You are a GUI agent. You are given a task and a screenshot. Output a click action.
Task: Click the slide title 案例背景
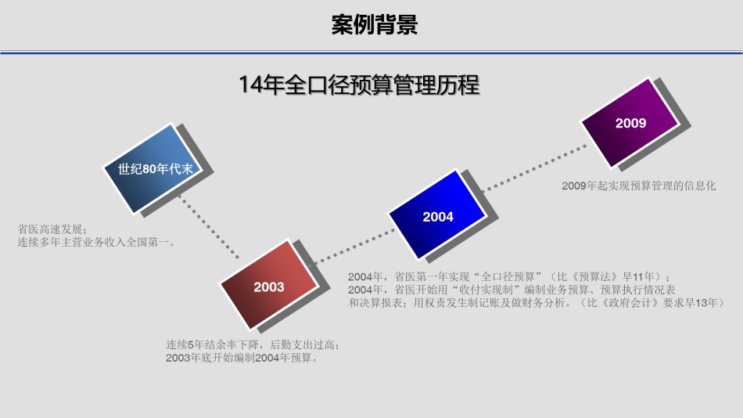click(375, 25)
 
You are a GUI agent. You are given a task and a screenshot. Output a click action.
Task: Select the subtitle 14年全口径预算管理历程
click(359, 85)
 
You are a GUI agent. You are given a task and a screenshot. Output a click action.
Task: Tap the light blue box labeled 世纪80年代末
click(153, 168)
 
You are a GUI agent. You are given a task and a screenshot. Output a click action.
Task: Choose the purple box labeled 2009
click(630, 123)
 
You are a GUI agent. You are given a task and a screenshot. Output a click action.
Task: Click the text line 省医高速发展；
click(52, 229)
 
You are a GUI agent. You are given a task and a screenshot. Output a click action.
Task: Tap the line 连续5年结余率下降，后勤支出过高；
click(253, 345)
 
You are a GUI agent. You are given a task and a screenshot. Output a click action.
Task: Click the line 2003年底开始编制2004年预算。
click(242, 358)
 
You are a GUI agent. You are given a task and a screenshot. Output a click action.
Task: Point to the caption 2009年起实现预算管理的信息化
click(639, 186)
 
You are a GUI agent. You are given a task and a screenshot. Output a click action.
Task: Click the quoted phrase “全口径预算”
click(509, 276)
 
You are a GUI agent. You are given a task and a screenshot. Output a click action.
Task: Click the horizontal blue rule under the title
click(371, 52)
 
